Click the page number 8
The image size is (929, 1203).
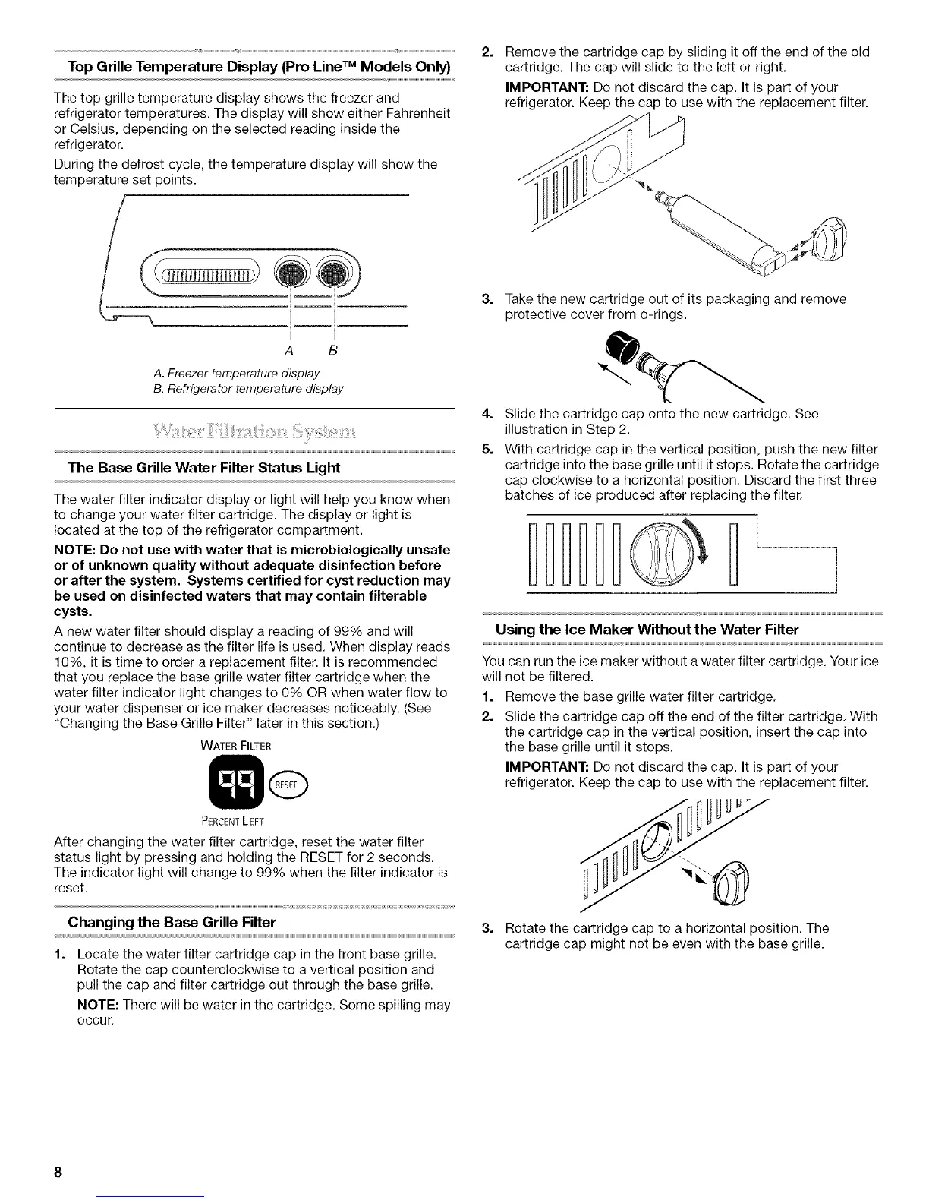[x=58, y=1171]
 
